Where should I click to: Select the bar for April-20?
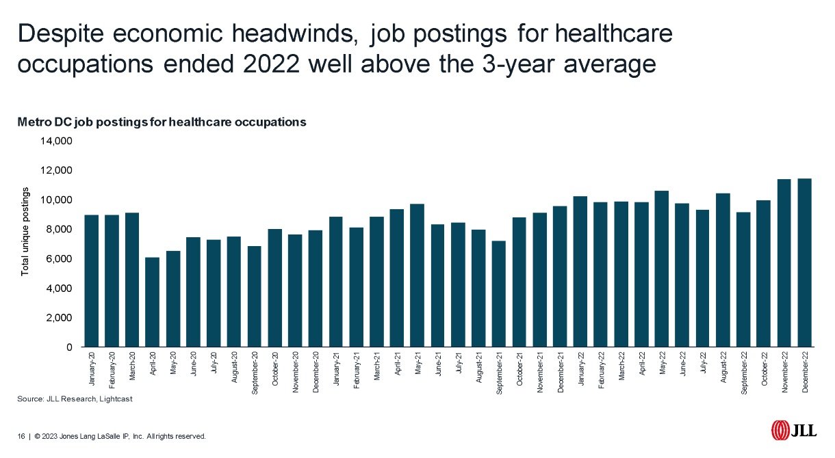(x=153, y=302)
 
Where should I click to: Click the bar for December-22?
(x=804, y=262)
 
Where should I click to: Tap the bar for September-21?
(x=498, y=294)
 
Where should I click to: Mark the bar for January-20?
(x=91, y=281)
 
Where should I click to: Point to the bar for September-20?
(x=254, y=297)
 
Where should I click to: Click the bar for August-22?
(x=723, y=270)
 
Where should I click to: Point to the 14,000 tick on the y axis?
(x=58, y=142)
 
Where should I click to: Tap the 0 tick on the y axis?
(x=69, y=347)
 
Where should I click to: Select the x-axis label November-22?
(x=785, y=373)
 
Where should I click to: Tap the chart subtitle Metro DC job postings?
(x=161, y=122)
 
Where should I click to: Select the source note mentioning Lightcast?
(x=75, y=399)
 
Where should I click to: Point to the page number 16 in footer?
(x=21, y=436)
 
